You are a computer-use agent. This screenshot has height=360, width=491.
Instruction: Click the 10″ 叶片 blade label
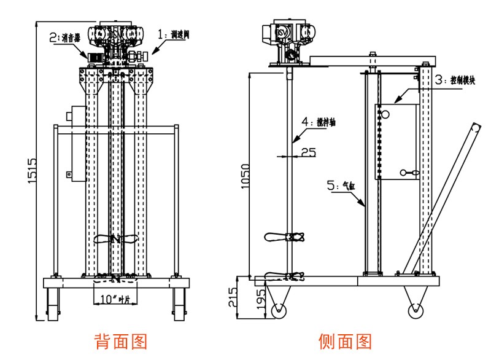[115, 299]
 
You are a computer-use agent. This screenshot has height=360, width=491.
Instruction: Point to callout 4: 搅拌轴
[322, 122]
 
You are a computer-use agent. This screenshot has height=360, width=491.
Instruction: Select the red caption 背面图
[120, 341]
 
